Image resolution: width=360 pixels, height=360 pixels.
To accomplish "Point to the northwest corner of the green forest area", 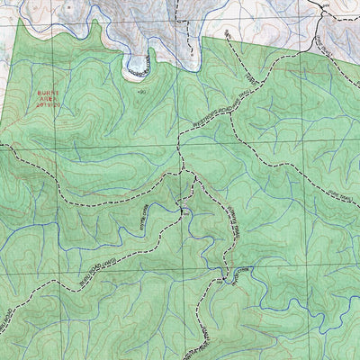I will pyautogui.click(x=20, y=20).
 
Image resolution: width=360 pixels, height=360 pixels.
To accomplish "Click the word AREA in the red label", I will pyautogui.click(x=49, y=97).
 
